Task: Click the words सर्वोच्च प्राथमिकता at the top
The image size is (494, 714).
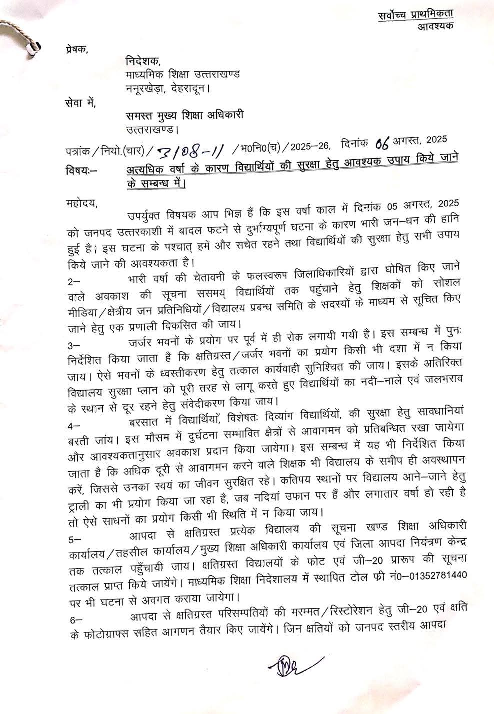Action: click(x=415, y=15)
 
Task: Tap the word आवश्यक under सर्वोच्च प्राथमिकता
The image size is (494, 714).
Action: click(x=435, y=26)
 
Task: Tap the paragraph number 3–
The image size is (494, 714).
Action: click(x=73, y=346)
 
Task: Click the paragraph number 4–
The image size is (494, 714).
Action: click(x=73, y=425)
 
